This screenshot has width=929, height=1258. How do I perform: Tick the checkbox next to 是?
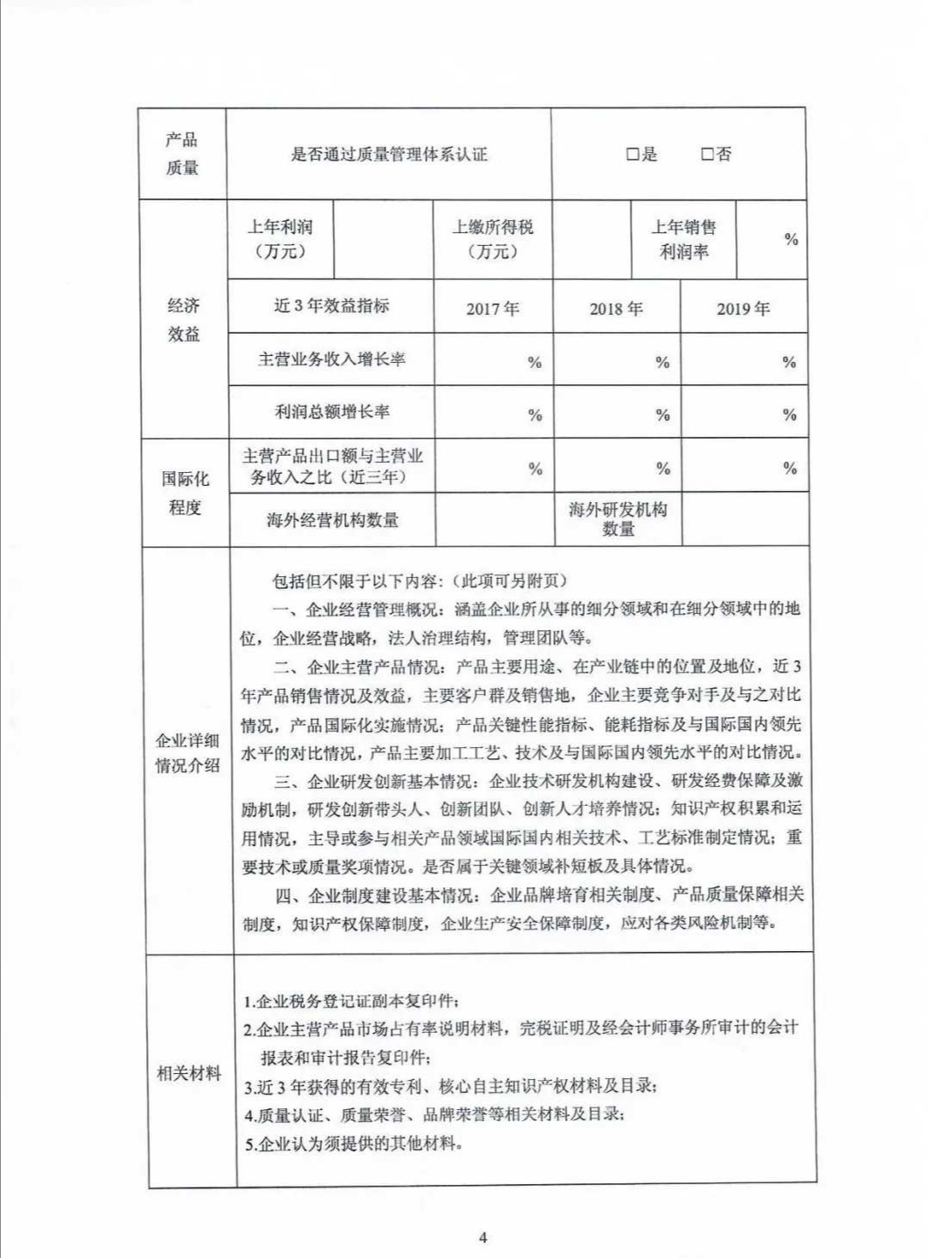pos(632,155)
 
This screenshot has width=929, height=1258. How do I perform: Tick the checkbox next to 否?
pos(707,155)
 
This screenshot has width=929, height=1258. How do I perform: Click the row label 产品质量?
pos(181,154)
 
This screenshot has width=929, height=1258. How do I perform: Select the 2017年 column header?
pos(493,309)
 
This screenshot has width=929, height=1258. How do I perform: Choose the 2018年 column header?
pos(616,309)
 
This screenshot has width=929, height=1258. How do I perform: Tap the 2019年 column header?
pos(743,309)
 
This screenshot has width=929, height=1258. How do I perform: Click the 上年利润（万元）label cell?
pos(280,239)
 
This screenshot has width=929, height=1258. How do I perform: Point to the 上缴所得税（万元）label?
pos(493,239)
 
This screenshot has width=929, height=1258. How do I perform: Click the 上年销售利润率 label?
pos(684,239)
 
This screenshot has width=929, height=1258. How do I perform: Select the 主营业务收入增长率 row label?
pos(332,359)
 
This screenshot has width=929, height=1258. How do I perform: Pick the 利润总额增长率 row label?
pos(332,412)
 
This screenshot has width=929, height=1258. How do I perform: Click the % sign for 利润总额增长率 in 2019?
pos(790,415)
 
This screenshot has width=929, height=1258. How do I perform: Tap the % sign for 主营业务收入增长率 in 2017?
pos(535,363)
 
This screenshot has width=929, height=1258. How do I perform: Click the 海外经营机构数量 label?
pos(333,520)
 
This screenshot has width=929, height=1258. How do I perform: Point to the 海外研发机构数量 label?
pos(618,519)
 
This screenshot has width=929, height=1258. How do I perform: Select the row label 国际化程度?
pos(185,493)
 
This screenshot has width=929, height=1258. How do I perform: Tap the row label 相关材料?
pos(189,1073)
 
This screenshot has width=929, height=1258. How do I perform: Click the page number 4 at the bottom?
pos(483,1238)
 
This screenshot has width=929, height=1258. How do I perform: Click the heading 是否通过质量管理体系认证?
pos(389,155)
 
